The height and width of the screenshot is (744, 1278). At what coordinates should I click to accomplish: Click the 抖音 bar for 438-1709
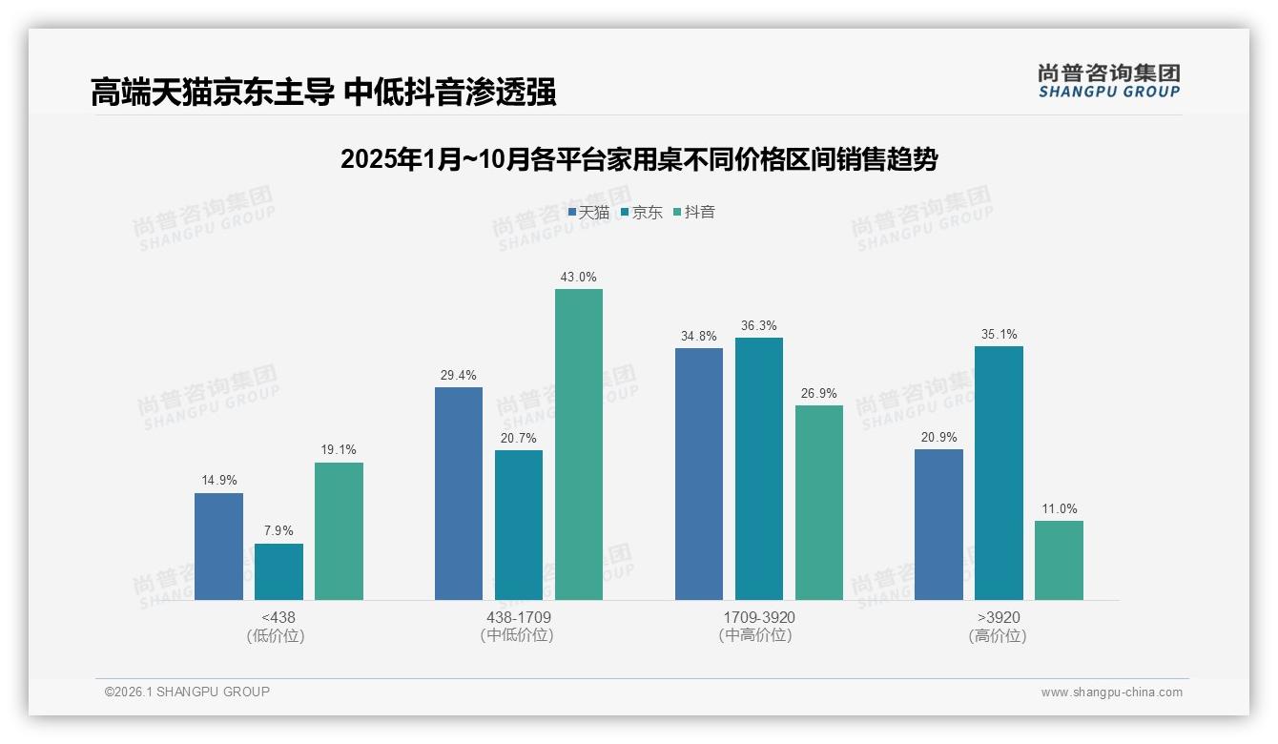(x=579, y=444)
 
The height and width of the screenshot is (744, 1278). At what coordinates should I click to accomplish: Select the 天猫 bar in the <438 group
(x=218, y=547)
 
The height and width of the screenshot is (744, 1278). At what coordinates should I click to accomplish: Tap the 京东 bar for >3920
(x=999, y=473)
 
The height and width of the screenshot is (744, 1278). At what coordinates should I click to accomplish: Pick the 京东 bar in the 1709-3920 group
(x=758, y=468)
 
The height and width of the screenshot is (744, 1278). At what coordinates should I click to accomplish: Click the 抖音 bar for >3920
(x=1059, y=560)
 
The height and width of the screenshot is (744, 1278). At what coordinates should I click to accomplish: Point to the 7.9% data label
(x=278, y=531)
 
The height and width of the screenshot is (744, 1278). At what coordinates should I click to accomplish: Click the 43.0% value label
(x=579, y=278)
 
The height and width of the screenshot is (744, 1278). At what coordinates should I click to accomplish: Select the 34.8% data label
(x=698, y=337)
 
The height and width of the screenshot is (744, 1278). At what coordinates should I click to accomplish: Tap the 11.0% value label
(x=1059, y=509)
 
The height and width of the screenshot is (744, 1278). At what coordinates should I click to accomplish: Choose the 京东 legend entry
(x=642, y=213)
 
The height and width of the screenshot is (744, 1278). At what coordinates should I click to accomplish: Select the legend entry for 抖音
(x=694, y=213)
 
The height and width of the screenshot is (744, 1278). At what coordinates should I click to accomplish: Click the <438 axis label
(x=278, y=618)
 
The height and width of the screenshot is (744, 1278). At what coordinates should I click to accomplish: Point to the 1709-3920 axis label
(x=758, y=618)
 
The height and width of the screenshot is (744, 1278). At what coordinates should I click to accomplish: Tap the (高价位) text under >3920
(x=998, y=636)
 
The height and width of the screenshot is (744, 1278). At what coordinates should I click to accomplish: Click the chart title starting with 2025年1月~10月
(x=639, y=159)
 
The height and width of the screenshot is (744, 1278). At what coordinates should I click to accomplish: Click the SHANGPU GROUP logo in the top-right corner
(x=1108, y=81)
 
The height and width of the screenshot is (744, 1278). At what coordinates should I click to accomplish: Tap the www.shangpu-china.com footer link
(x=1111, y=692)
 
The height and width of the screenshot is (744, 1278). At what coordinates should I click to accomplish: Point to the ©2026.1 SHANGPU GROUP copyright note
(x=187, y=692)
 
